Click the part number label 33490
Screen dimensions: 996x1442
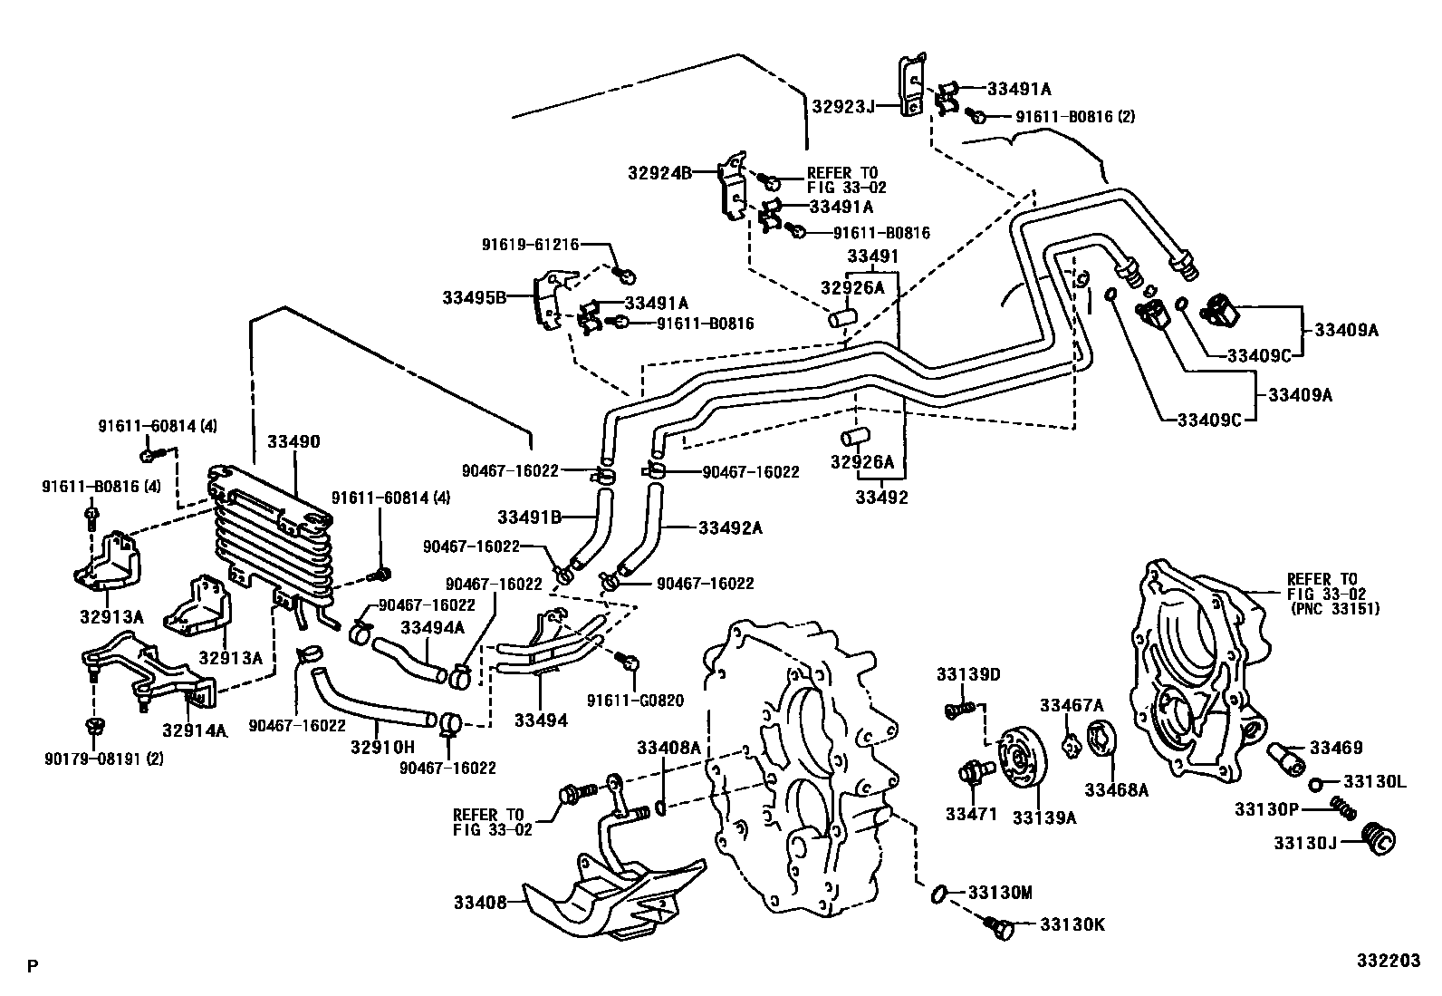[293, 442]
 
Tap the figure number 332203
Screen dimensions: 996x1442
[1388, 961]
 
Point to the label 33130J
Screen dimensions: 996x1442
[1305, 843]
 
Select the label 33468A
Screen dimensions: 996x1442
[1116, 789]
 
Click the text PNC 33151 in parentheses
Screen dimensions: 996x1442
[1333, 609]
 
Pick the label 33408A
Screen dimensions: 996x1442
[668, 748]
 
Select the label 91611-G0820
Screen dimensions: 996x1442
[635, 701]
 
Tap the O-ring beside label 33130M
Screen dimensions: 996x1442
[939, 894]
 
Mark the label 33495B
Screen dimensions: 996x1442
[474, 296]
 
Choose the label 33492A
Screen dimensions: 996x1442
[730, 527]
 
